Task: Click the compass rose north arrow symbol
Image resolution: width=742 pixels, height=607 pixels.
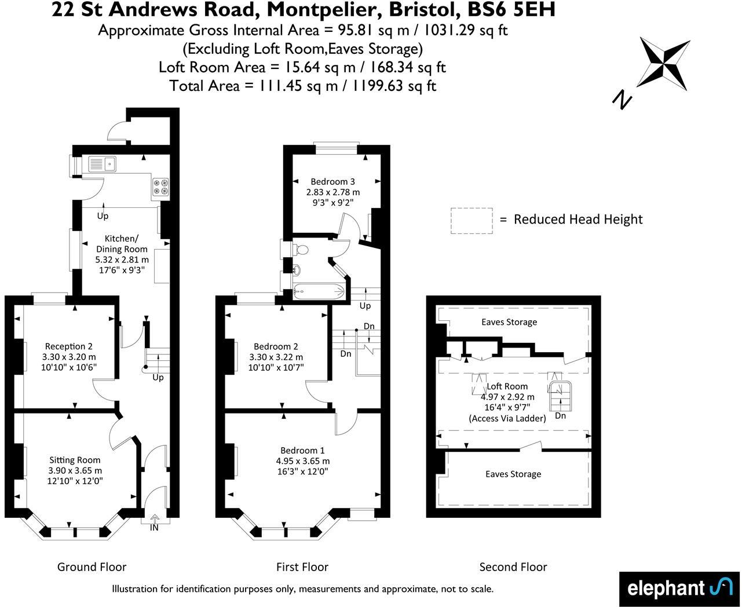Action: point(664,63)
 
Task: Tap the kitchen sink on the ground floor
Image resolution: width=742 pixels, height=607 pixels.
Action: point(103,164)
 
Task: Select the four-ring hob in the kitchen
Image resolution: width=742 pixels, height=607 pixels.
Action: point(160,187)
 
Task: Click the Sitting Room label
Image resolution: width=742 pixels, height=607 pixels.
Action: point(75,460)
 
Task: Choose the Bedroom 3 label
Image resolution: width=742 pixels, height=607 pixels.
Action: point(332,181)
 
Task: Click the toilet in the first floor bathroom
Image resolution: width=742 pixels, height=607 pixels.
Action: point(301,249)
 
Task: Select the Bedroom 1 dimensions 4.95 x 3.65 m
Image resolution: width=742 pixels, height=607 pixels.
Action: point(302,461)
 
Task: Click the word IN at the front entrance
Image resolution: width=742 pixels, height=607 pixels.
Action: point(154,528)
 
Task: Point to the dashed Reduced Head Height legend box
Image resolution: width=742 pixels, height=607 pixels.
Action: point(471,221)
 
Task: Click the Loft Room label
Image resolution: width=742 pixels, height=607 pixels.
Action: point(507,386)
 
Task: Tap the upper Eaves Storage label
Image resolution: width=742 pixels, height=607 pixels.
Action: point(509,322)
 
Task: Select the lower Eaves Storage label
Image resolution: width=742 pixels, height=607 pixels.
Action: point(513,474)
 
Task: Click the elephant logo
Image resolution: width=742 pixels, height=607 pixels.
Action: point(679,588)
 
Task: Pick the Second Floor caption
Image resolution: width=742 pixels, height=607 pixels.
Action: point(513,567)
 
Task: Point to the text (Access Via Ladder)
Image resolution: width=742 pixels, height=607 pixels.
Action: point(507,418)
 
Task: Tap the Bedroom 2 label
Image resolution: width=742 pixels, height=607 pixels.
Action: point(276,346)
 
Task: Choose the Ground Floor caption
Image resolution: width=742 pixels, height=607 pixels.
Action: point(92,567)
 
